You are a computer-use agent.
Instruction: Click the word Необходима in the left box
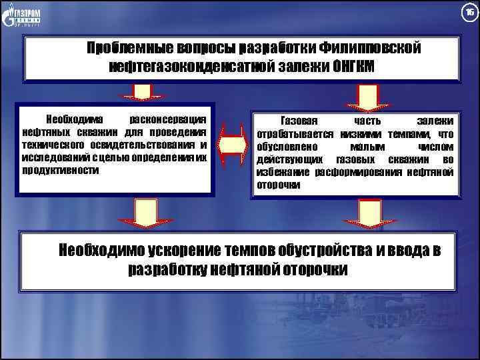73,121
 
